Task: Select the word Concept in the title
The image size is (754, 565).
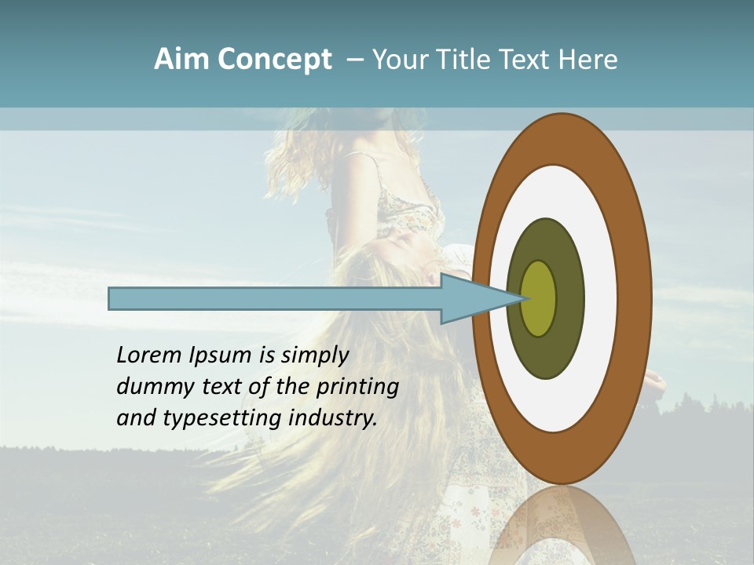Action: (x=274, y=60)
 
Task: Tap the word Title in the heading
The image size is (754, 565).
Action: (x=467, y=60)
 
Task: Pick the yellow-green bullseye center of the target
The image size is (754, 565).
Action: (x=538, y=298)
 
